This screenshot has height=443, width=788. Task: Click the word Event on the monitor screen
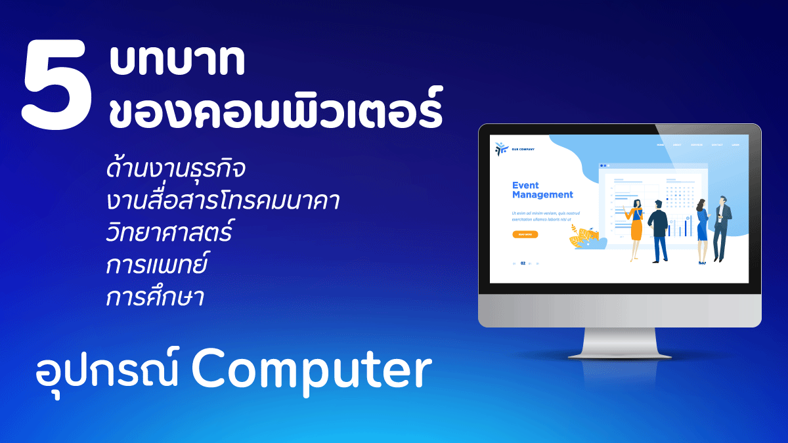[x=525, y=185]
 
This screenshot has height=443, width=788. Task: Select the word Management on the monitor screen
[x=542, y=195]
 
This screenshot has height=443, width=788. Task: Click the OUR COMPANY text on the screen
[x=523, y=150]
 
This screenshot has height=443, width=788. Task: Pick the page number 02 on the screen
[x=523, y=263]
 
